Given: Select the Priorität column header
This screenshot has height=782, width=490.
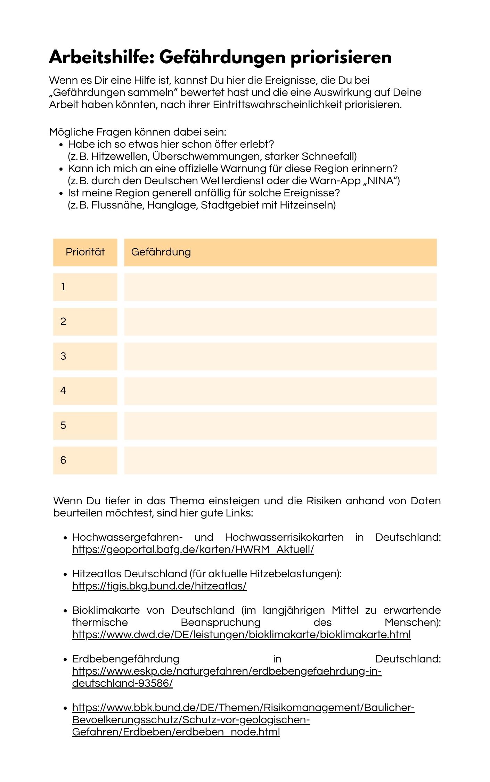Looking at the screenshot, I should tap(85, 252).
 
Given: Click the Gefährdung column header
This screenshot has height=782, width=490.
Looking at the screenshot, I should tap(161, 252).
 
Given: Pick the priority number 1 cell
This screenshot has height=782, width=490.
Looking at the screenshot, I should tap(85, 287).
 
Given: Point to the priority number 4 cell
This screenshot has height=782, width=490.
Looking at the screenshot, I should tap(85, 391).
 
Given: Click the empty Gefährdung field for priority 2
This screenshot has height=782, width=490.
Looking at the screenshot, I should tap(280, 322).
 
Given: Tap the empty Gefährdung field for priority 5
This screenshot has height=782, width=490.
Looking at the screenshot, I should tap(280, 426).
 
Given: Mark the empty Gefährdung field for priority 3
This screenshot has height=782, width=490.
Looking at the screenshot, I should tap(280, 357).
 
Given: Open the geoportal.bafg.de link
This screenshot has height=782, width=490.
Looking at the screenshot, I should tap(193, 549).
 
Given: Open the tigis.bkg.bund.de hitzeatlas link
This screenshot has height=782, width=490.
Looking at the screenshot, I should tap(159, 586).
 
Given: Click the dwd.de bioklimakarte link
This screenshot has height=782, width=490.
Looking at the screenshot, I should tap(241, 635).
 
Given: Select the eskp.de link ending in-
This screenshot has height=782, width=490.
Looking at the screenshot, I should tap(227, 671).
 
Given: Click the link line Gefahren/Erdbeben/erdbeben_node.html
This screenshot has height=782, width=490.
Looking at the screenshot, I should tap(176, 732).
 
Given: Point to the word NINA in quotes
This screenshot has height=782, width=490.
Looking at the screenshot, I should tap(381, 181).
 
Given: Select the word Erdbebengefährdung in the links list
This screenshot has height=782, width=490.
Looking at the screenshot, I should tap(126, 659).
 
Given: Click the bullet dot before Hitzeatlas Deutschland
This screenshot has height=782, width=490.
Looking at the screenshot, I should tap(65, 574).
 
